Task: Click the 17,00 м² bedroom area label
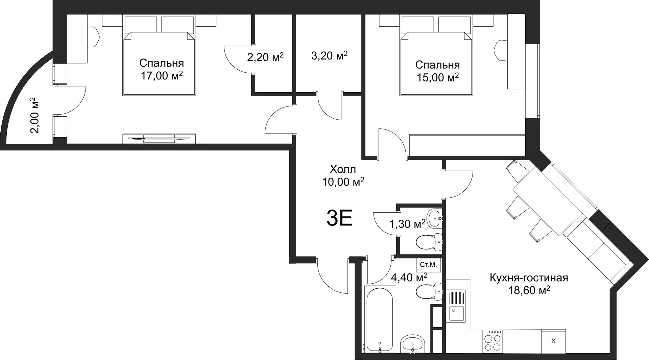[162, 76]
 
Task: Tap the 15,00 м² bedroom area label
[437, 77]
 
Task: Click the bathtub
[379, 319]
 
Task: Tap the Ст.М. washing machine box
[428, 265]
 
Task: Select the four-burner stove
[492, 340]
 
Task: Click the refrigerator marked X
[553, 341]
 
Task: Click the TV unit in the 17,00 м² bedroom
[159, 138]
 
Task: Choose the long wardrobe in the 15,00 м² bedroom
[466, 145]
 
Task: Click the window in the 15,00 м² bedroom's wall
[533, 81]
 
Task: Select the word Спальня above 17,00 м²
[162, 63]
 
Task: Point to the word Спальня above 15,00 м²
[437, 65]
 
